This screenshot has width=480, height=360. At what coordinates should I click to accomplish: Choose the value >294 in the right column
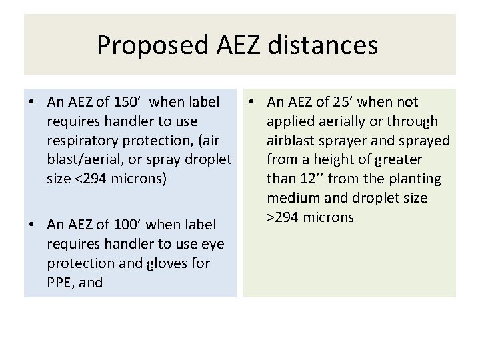click(285, 218)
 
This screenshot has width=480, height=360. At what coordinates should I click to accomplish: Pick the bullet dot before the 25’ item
click(252, 103)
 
